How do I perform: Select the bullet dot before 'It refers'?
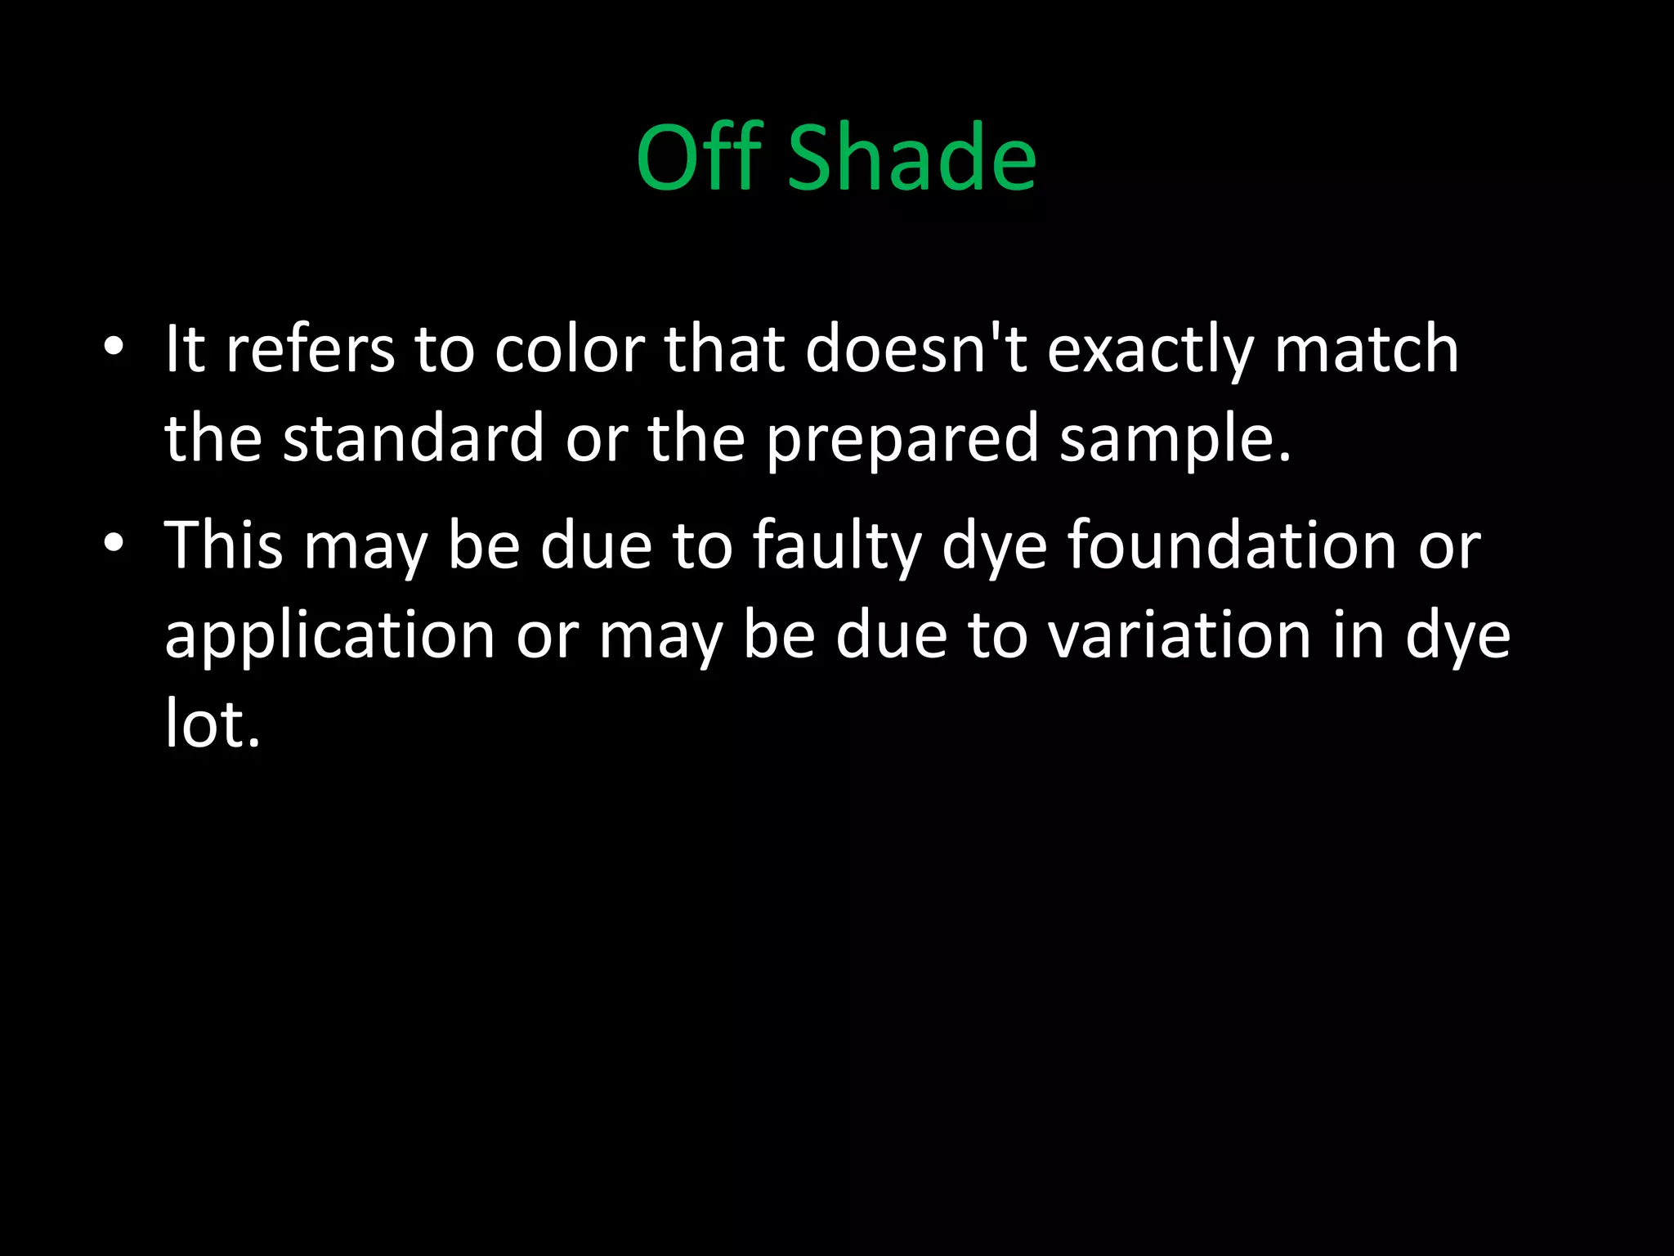114,347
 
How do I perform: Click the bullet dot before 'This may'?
114,543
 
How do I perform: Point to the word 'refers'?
310,349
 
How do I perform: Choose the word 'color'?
570,349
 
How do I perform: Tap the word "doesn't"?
915,349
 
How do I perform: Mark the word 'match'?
1366,349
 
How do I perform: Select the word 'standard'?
413,438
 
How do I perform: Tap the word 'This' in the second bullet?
224,545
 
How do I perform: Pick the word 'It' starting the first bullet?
184,349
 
